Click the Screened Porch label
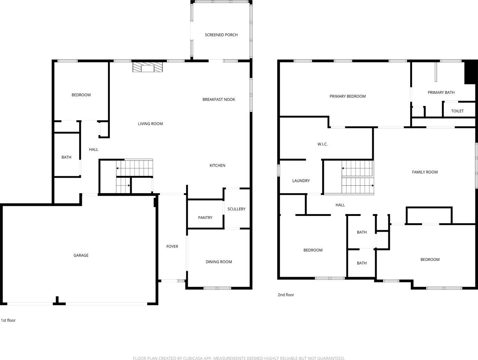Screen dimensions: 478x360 pos(221,35)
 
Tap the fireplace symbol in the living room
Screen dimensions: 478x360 pos(148,67)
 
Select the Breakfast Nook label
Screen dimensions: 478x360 pos(219,99)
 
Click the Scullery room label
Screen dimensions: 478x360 pos(236,209)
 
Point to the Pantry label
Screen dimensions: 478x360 pos(205,217)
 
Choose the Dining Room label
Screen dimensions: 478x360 pos(219,262)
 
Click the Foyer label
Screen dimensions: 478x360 pos(172,246)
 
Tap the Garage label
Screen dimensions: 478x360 pos(81,255)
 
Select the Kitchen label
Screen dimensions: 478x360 pos(217,165)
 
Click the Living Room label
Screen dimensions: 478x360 pos(150,124)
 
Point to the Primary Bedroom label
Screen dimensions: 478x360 pos(347,96)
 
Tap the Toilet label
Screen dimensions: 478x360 pos(457,111)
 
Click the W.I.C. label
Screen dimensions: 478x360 pos(322,144)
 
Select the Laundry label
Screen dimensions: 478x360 pos(301,181)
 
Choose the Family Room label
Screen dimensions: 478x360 pos(425,172)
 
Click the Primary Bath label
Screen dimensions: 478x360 pos(441,93)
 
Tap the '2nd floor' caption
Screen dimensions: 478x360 pos(286,295)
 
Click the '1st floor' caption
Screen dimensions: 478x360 pos(8,320)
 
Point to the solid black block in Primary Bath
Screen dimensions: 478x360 pos(470,72)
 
